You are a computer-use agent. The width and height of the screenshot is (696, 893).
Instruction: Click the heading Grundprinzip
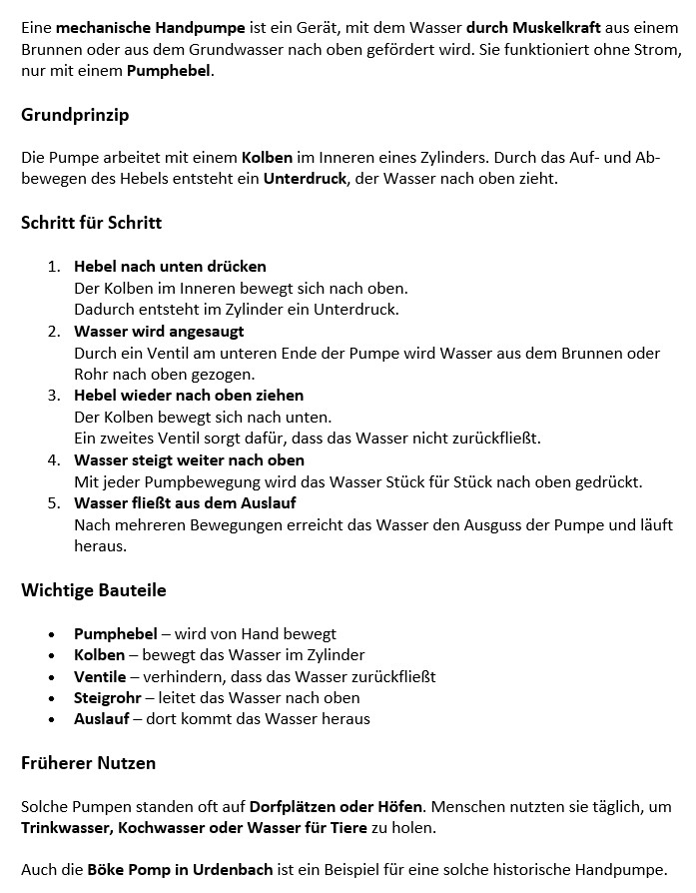[75, 115]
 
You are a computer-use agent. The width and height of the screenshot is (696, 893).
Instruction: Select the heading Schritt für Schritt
[91, 223]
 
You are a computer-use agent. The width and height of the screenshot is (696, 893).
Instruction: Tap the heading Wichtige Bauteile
[93, 590]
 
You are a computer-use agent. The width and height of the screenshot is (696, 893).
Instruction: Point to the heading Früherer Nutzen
[88, 763]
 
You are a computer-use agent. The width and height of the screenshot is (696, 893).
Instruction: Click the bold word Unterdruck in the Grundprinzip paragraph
[304, 179]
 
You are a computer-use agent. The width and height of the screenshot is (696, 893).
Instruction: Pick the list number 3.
[54, 396]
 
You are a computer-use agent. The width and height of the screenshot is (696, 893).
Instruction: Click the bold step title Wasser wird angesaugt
[159, 331]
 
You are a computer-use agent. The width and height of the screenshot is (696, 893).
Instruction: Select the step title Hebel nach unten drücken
[170, 267]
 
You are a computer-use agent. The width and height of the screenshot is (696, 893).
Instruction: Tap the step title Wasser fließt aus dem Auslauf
[185, 503]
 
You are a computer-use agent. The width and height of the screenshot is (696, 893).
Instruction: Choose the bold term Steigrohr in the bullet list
[107, 698]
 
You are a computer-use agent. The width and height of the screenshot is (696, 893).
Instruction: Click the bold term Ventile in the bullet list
[100, 677]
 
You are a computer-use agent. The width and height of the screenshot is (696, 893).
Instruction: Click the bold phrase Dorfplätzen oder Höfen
[337, 806]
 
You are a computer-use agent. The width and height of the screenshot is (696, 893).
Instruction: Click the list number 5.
[54, 503]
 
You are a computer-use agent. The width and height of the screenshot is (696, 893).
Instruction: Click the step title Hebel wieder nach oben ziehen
[189, 396]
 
